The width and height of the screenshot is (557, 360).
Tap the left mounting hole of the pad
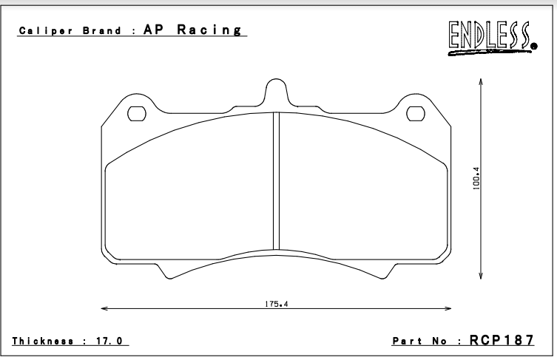pyautogui.click(x=138, y=113)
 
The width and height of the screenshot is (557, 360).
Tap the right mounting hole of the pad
pyautogui.click(x=416, y=113)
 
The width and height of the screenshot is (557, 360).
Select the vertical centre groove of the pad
pyautogui.click(x=276, y=181)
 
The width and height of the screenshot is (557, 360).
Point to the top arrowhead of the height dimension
pyautogui.click(x=482, y=84)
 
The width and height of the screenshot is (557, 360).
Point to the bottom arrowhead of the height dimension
pyautogui.click(x=482, y=277)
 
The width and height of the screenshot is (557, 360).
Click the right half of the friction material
pyautogui.click(x=362, y=192)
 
